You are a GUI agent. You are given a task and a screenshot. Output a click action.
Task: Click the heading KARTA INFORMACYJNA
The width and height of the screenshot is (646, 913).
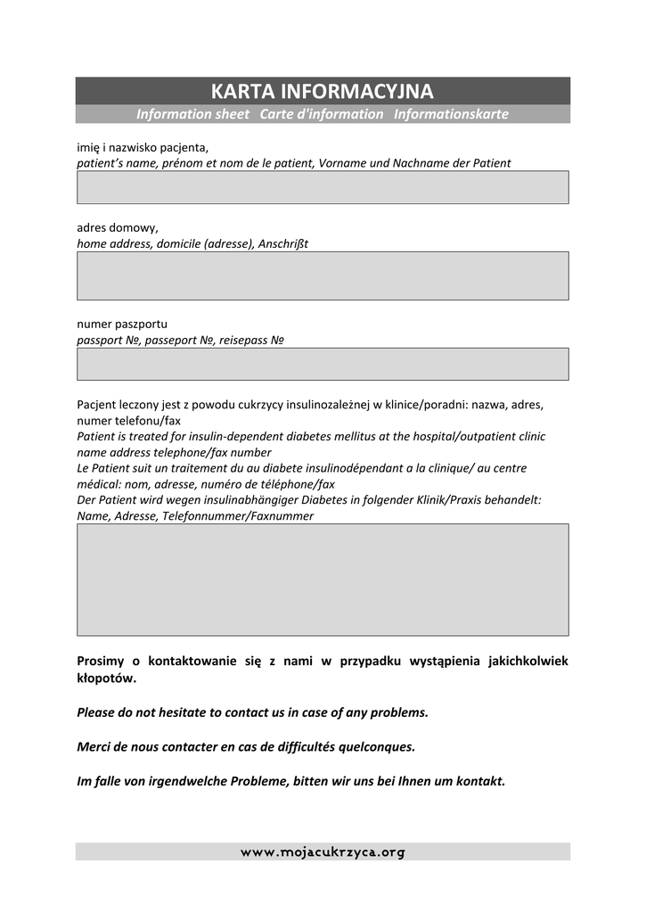322,91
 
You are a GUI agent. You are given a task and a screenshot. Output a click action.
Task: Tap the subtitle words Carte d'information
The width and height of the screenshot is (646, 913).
322,114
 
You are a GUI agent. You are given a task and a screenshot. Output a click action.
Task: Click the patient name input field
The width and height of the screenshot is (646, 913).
323,187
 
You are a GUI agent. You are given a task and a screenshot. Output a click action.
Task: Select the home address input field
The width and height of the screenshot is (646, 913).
323,276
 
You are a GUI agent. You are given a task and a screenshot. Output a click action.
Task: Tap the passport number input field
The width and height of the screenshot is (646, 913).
323,364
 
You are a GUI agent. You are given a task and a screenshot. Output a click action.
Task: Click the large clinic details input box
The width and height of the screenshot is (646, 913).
323,580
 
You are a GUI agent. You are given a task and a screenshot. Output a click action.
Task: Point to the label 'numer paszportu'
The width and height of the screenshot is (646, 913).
122,324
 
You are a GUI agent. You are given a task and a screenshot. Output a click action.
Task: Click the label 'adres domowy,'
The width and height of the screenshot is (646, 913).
118,227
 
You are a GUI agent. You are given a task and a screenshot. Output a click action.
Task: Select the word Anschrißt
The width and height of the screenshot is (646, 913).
283,243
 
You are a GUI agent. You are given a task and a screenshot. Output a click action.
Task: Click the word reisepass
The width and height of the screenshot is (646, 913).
242,340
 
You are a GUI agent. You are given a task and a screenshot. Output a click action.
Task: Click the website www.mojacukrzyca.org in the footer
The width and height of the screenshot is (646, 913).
323,852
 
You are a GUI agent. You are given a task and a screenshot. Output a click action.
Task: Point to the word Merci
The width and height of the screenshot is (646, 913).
94,746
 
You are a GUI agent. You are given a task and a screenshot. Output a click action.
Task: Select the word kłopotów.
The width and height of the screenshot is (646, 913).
107,679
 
